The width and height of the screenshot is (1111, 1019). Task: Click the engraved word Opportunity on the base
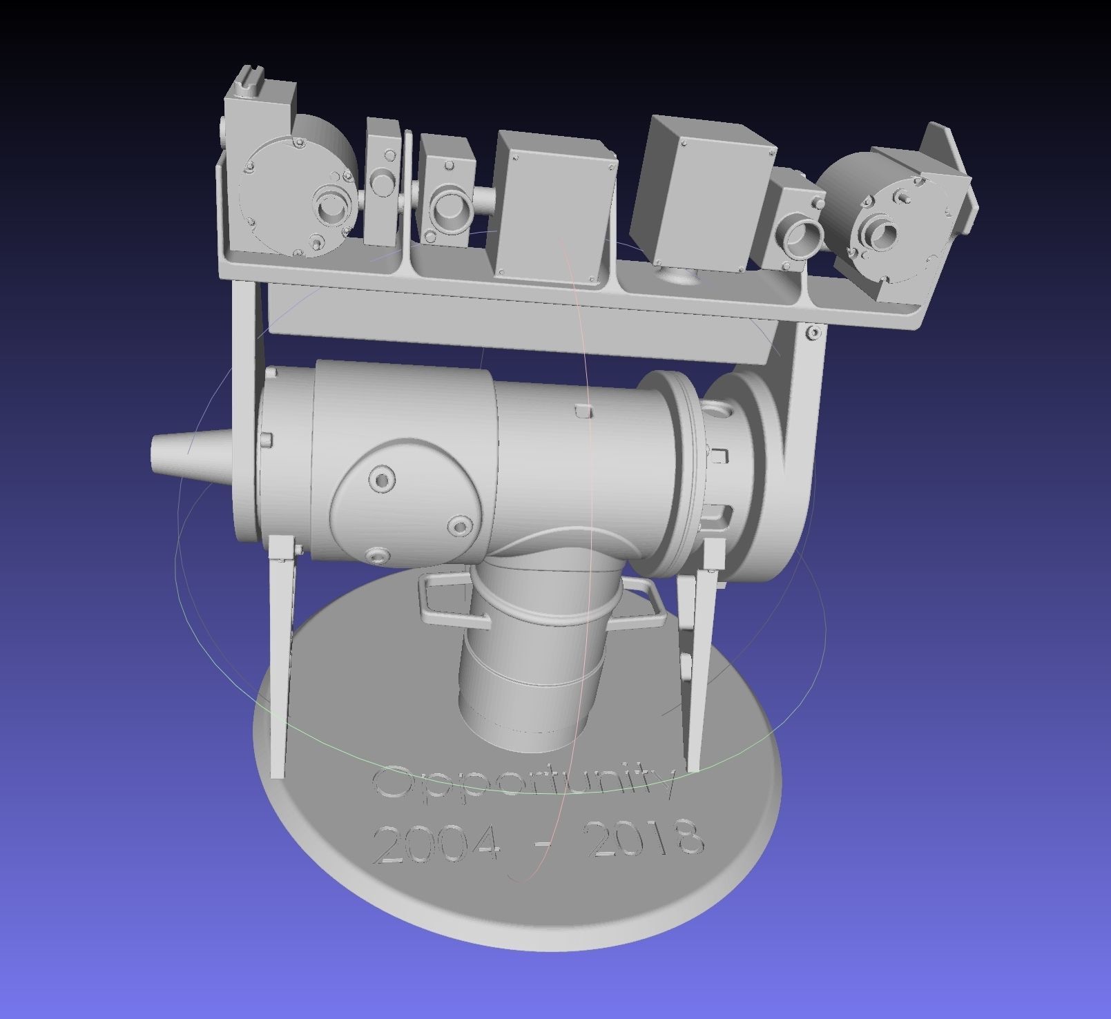pos(523,784)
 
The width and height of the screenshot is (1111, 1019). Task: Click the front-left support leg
pos(281,656)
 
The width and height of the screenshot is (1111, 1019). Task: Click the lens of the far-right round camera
pos(883,235)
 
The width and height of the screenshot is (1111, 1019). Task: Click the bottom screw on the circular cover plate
pos(378,554)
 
